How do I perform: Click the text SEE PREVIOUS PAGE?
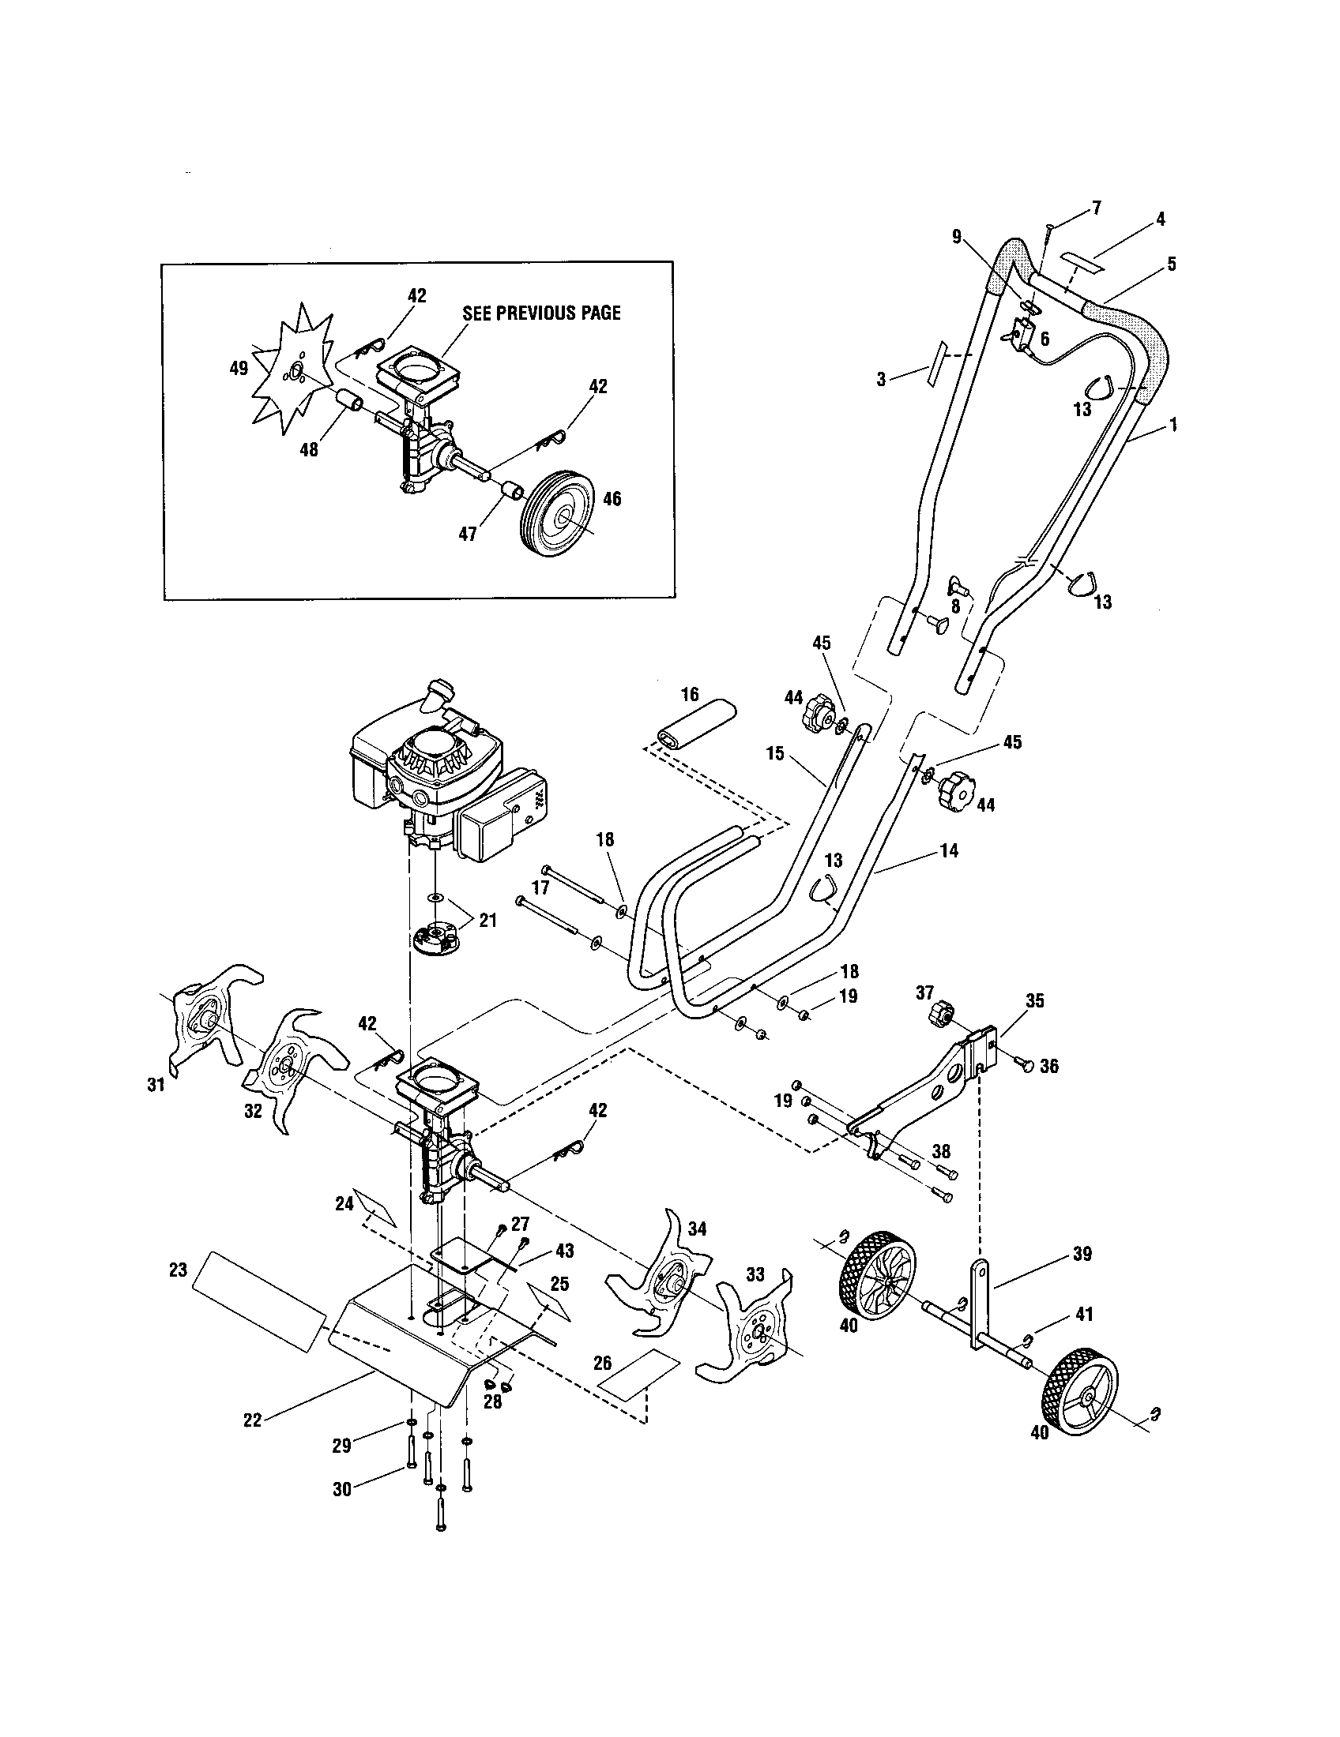pyautogui.click(x=541, y=313)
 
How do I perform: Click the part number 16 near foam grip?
pyautogui.click(x=689, y=694)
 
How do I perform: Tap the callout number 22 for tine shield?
pyautogui.click(x=252, y=1419)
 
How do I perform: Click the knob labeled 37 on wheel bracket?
pyautogui.click(x=941, y=1015)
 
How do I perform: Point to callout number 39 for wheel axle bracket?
pyautogui.click(x=1082, y=1255)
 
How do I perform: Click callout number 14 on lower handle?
pyautogui.click(x=948, y=850)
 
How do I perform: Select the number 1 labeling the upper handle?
pyautogui.click(x=1172, y=426)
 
